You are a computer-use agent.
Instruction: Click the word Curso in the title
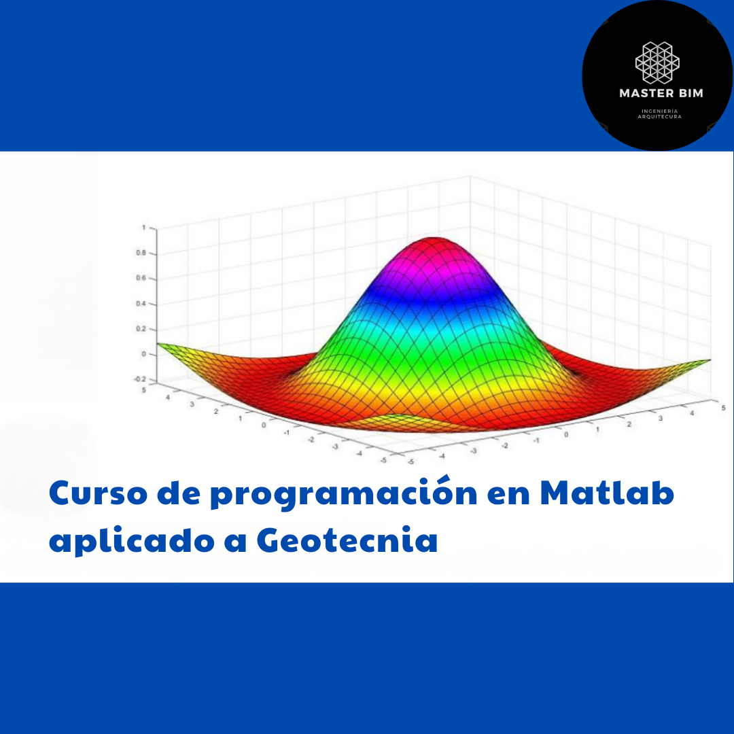[x=98, y=493]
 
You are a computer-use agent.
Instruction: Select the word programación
[x=344, y=493]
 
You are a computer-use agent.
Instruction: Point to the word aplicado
[x=132, y=541]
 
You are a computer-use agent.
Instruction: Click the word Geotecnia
[x=347, y=540]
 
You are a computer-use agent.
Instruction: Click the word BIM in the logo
[x=691, y=93]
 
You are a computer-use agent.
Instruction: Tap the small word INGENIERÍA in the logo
[x=659, y=111]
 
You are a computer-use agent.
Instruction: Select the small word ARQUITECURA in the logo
[x=659, y=117]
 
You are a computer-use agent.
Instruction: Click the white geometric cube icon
[x=657, y=63]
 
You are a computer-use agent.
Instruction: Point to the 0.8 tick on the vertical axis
[x=141, y=253]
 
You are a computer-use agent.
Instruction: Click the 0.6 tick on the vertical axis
[x=141, y=278]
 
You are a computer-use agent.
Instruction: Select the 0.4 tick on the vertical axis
[x=141, y=303]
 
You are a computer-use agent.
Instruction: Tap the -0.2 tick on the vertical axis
[x=140, y=379]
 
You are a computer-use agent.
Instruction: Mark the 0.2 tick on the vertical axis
[x=141, y=329]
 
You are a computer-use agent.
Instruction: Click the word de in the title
[x=178, y=493]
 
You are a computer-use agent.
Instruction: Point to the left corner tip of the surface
[x=157, y=344]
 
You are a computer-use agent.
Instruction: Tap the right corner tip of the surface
[x=710, y=360]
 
